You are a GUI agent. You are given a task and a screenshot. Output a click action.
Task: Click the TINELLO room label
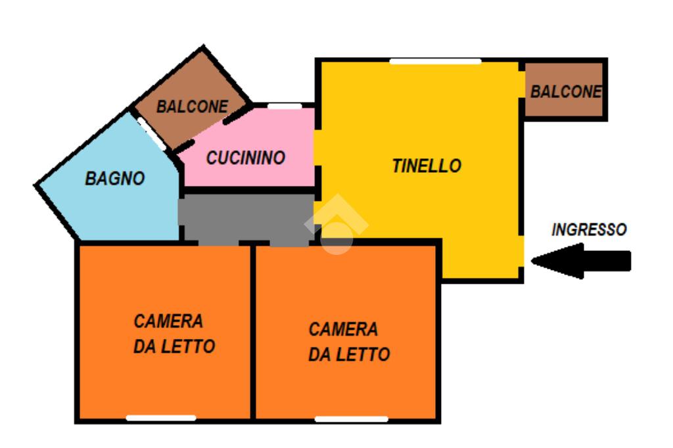[427, 166]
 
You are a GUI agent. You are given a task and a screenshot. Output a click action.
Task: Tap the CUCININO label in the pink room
[246, 158]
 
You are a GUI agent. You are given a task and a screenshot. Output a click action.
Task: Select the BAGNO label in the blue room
[115, 178]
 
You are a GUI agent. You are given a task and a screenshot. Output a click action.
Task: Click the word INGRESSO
[589, 230]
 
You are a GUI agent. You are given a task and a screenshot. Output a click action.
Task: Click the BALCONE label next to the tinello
[566, 92]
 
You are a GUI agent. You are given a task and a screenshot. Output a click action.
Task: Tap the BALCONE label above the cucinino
[192, 106]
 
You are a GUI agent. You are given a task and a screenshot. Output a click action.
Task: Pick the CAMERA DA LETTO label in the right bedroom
[348, 342]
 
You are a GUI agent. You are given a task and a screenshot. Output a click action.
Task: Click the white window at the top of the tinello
[435, 62]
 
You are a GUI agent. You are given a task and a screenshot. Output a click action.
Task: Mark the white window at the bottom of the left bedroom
[161, 418]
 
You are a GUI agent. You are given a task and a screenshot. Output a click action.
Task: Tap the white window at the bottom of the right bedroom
[351, 418]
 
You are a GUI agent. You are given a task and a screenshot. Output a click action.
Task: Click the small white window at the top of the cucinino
[285, 106]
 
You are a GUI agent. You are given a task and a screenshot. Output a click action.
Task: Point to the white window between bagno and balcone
[152, 133]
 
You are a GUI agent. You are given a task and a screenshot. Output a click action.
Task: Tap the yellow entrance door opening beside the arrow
[522, 251]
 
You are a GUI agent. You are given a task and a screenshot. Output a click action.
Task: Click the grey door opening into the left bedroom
[218, 242]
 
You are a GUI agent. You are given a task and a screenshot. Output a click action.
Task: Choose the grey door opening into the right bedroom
[289, 242]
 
